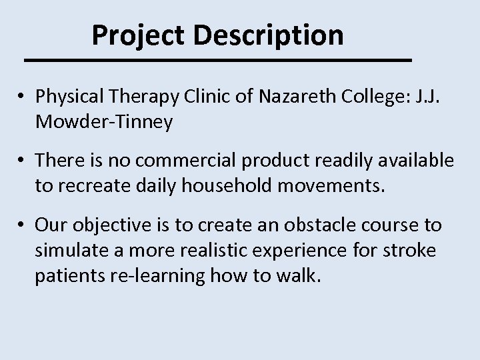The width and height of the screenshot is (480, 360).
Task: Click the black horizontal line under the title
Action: pos(217,60)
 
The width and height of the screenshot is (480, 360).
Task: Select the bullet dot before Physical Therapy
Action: pos(23,97)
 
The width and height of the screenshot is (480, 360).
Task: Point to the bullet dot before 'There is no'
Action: pos(23,161)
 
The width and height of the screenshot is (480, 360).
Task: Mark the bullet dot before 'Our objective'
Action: pos(23,225)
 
